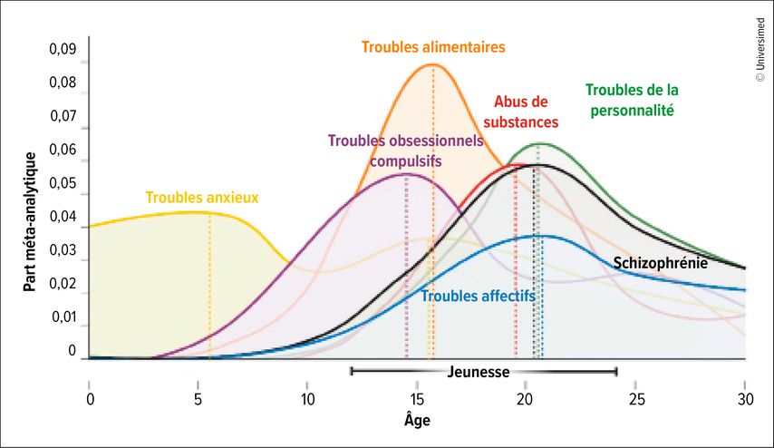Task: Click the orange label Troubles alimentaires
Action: point(433,46)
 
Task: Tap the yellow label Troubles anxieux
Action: point(202,196)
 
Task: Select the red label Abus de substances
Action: point(520,111)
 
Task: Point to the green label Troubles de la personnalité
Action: point(632,101)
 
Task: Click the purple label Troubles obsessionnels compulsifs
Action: point(405,150)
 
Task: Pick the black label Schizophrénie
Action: point(661,263)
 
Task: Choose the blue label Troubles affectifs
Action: point(479,296)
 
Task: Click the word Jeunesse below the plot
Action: point(479,372)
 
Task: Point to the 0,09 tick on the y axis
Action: point(63,49)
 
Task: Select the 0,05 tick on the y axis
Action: point(63,183)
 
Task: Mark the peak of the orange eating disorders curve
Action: point(433,64)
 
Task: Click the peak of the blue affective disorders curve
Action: point(541,236)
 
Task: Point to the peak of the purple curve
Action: point(407,174)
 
